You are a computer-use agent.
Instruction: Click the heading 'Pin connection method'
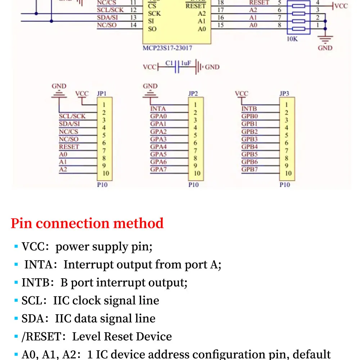coord(87,224)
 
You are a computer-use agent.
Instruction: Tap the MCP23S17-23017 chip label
coord(170,48)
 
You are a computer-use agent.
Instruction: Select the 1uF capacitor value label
coord(185,63)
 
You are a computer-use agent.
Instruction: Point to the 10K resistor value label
coord(292,39)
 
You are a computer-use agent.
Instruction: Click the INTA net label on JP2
coord(158,109)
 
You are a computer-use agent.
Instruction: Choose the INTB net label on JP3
coord(249,109)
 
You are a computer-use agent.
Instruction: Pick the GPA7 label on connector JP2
coord(158,169)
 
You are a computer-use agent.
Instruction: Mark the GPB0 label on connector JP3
coord(249,116)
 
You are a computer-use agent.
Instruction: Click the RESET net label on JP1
coord(69,147)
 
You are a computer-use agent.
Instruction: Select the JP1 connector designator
coord(102,94)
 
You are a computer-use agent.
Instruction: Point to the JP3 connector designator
coord(284,94)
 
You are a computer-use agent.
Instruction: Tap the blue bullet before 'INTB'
coord(16,283)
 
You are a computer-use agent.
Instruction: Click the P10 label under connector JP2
coord(193,185)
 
